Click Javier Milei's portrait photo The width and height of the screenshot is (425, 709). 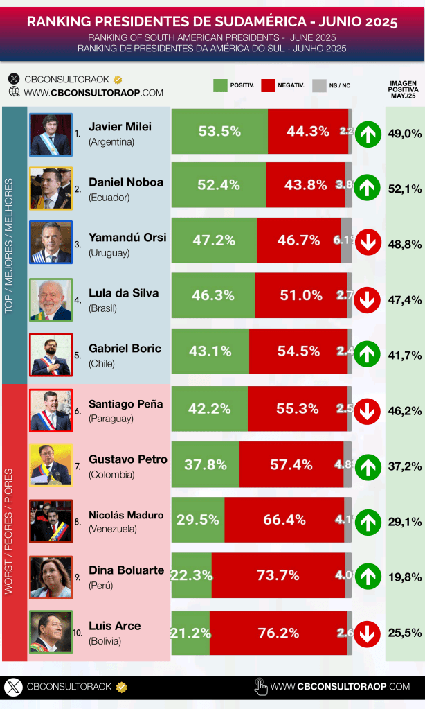(51, 134)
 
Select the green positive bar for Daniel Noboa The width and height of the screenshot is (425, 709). (219, 185)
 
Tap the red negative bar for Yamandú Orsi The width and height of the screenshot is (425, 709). (298, 240)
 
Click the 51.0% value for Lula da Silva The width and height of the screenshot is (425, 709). (301, 295)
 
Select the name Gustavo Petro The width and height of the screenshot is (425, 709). (128, 459)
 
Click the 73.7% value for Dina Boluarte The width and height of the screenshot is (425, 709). (278, 575)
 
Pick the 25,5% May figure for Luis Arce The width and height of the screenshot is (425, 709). (405, 632)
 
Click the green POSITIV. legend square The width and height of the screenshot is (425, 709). (220, 86)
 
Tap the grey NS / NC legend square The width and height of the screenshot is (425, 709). (319, 86)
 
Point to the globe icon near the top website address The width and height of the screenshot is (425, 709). (14, 91)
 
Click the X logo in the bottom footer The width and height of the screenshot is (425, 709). (13, 687)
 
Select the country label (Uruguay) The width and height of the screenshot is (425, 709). (109, 253)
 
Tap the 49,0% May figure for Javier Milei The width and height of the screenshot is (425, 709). (405, 134)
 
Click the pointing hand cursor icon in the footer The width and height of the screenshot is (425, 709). (261, 686)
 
